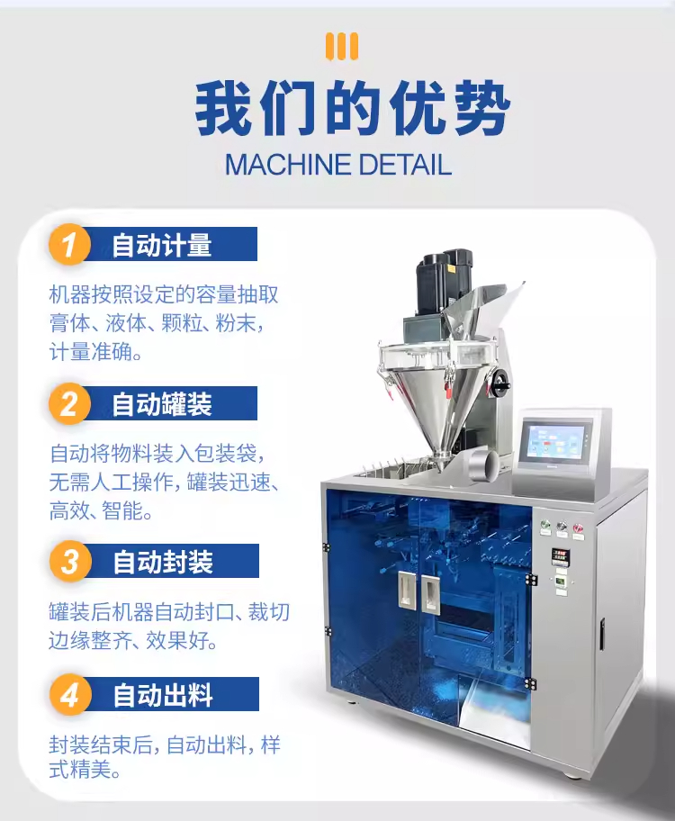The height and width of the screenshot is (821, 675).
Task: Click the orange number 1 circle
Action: [x=69, y=245]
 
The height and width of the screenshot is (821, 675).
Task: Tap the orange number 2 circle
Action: [x=69, y=404]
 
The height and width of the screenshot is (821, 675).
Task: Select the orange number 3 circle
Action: [x=70, y=562]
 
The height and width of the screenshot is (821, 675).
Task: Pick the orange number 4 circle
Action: [x=70, y=695]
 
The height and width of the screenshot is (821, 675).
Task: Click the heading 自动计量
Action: [x=162, y=245]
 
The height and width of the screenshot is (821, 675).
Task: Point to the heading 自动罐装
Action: [x=162, y=404]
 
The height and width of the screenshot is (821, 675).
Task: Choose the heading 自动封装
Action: [x=163, y=562]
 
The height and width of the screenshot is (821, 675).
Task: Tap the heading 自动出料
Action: [x=163, y=695]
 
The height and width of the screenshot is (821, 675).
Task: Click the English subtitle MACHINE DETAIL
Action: [x=338, y=165]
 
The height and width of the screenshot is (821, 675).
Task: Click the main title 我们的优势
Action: [x=353, y=108]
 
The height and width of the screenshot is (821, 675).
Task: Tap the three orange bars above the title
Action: [x=341, y=46]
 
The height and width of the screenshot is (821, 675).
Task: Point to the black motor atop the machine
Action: [x=444, y=282]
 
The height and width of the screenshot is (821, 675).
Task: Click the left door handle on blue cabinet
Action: [x=407, y=591]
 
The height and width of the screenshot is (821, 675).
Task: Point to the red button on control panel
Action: [x=578, y=528]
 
